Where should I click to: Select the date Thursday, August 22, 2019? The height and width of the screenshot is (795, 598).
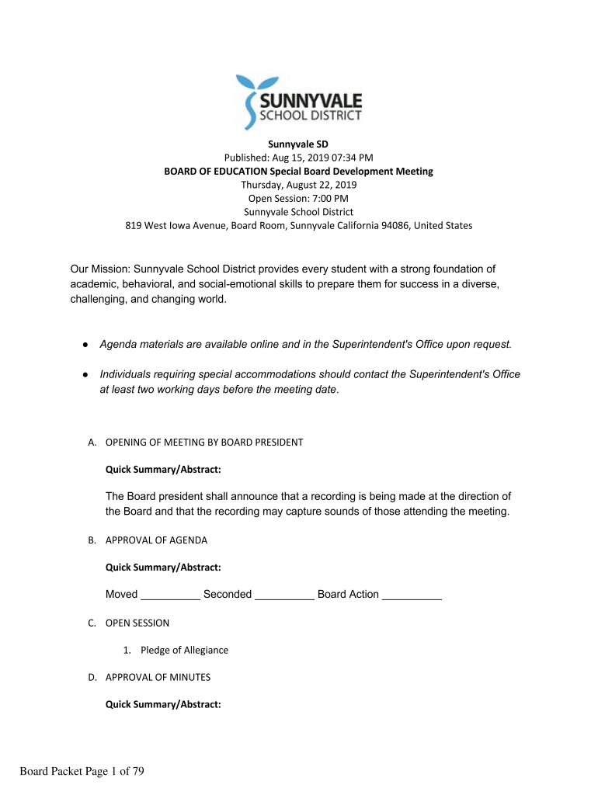[298, 185]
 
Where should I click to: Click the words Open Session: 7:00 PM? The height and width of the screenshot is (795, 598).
[298, 198]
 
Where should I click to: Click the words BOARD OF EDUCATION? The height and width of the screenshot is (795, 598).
[214, 172]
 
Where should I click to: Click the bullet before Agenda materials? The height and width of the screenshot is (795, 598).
[85, 344]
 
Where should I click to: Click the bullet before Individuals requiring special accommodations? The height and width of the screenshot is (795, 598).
[85, 375]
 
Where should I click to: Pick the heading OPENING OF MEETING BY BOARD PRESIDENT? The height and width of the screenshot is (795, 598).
[204, 443]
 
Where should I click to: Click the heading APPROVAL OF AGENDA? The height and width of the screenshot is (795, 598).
[156, 540]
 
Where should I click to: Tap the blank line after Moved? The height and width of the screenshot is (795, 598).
[170, 596]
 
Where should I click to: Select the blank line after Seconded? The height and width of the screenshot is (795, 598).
[284, 596]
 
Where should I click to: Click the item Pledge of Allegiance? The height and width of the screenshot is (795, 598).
[184, 651]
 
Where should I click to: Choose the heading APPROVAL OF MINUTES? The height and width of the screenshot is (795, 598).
[158, 678]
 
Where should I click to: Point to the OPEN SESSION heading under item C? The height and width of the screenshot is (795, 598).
[137, 623]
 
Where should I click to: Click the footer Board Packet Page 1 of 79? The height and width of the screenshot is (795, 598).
[82, 771]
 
